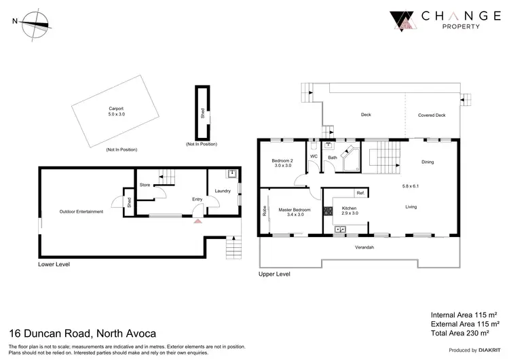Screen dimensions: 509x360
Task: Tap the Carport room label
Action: click(117, 111)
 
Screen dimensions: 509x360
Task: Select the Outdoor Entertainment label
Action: click(81, 211)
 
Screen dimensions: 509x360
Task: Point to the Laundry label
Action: click(223, 191)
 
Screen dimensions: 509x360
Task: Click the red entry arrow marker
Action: click(197, 221)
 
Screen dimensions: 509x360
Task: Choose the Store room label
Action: click(145, 184)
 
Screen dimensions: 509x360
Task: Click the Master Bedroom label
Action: click(295, 210)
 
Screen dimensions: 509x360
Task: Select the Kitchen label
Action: click(349, 208)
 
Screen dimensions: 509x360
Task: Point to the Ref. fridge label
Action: click(361, 194)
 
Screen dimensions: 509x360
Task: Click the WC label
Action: click(314, 157)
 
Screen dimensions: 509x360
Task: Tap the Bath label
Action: click(333, 158)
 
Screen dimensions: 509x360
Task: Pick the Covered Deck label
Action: click(432, 115)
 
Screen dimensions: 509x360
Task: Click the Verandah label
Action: click(365, 247)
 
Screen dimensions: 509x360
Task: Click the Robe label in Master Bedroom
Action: click(264, 211)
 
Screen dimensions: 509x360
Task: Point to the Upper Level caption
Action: click(274, 274)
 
